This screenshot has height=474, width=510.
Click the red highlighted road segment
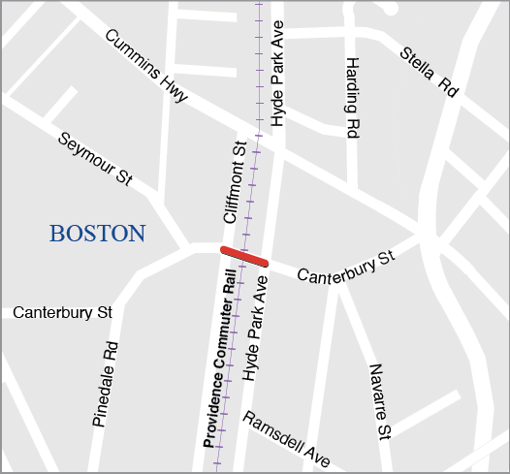(243, 256)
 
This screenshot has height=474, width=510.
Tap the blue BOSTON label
(98, 234)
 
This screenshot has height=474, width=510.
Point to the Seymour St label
(95, 161)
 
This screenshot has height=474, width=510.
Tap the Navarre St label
(380, 400)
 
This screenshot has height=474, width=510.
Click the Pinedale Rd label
(106, 384)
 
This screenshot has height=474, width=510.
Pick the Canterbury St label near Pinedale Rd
(63, 313)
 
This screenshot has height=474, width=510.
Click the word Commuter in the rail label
(225, 332)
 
